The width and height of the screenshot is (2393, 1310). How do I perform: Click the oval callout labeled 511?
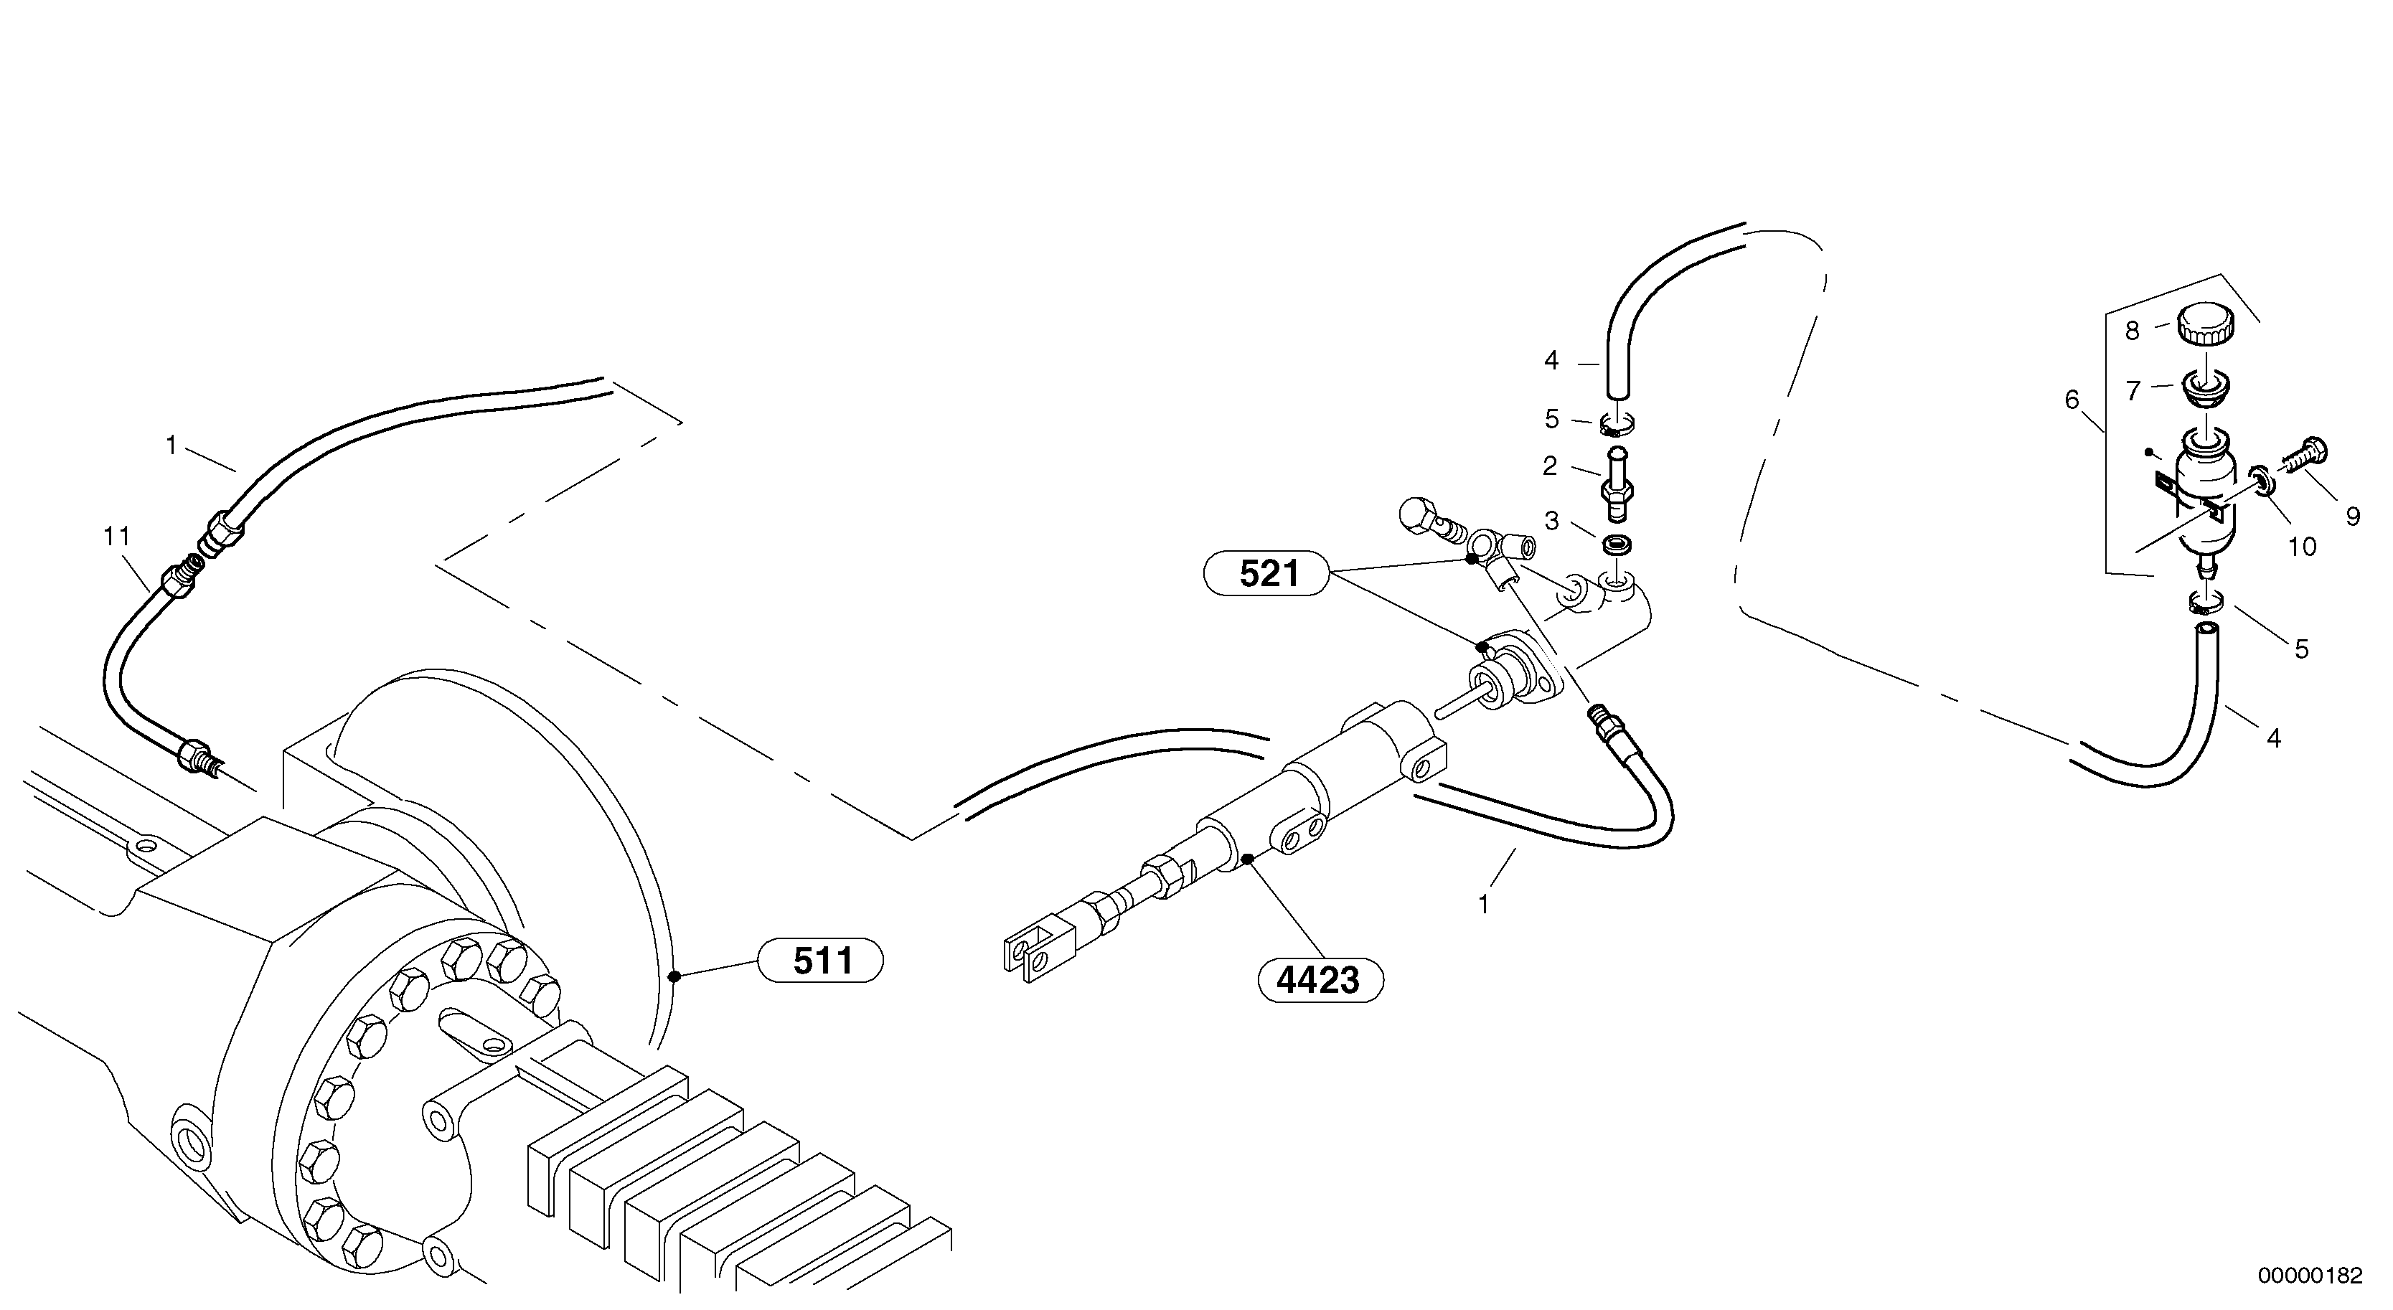point(821,961)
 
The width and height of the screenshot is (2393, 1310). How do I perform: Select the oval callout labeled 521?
point(1268,574)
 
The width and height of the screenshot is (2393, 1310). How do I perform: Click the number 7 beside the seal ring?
point(2132,391)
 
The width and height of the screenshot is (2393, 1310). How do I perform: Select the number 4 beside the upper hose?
point(1551,360)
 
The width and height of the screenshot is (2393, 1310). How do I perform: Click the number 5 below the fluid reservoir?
point(2301,649)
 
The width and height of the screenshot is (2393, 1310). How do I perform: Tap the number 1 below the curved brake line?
point(1484,904)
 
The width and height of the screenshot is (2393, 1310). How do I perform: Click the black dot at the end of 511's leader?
point(674,976)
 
